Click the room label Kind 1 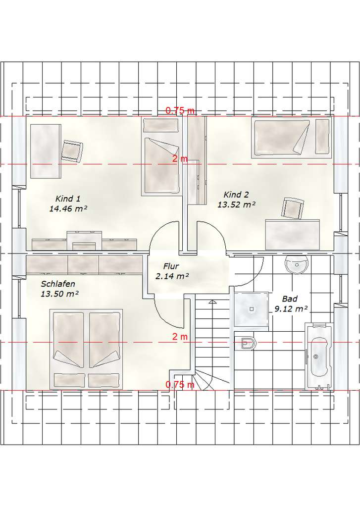68,199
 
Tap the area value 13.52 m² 236,204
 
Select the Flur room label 171,266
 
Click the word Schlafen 58,284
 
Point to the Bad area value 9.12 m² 291,309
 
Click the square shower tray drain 252,309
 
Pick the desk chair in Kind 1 72,151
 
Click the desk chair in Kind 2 293,208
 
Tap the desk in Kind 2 292,235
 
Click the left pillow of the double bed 69,380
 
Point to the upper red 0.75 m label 180,110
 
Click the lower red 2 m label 180,337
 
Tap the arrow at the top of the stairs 212,302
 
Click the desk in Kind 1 46,152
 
